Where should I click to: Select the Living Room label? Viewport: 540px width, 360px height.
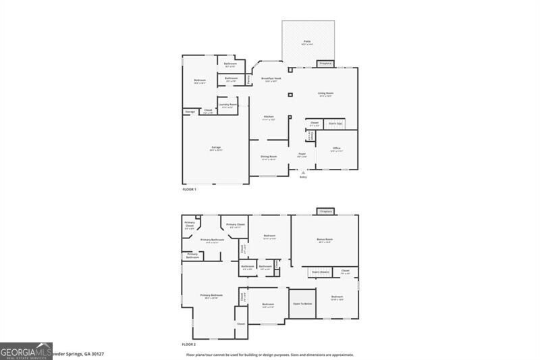pos(327,94)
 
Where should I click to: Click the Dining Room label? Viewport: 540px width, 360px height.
pos(269,157)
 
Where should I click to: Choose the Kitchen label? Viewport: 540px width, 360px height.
pos(269,118)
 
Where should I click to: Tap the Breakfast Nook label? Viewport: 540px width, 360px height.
pos(272,79)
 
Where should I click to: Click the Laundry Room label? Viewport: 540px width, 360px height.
pos(227,105)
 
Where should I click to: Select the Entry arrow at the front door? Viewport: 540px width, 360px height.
pos(303,173)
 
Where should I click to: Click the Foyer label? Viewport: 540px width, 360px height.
pos(302,155)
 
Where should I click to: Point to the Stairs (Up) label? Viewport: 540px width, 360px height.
pos(335,124)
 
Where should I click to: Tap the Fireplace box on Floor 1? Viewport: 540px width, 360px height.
pos(325,63)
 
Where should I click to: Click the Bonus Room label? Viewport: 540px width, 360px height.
pos(325,240)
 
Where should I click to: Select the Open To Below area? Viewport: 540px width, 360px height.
pos(302,304)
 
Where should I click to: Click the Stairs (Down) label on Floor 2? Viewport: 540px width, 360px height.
pos(320,272)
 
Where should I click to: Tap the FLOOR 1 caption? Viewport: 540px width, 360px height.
pos(190,190)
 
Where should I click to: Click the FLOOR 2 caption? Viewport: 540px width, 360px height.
pos(190,345)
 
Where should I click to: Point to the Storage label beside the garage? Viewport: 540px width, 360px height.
pos(190,111)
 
